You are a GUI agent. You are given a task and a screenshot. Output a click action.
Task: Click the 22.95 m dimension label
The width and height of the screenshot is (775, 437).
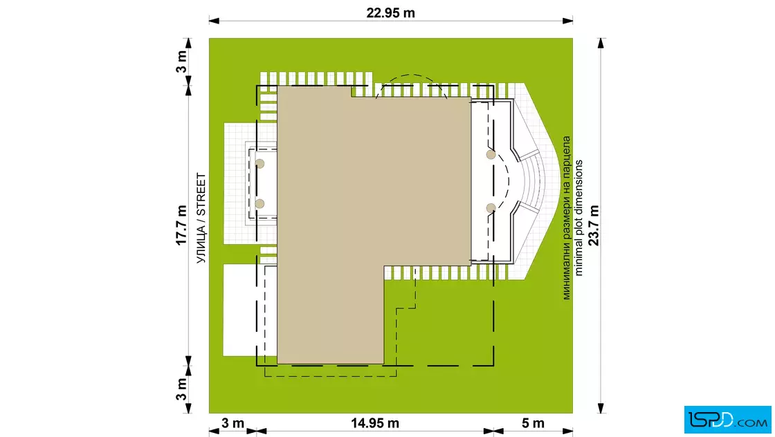390,13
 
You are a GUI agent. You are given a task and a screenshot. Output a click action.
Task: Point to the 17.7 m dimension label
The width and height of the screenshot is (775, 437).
181,225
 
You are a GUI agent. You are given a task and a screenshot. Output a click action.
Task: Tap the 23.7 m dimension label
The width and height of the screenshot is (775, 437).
594,225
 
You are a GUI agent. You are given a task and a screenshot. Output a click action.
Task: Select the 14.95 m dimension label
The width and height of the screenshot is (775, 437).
375,423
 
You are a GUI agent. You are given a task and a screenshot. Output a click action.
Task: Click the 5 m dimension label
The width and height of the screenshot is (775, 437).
533,423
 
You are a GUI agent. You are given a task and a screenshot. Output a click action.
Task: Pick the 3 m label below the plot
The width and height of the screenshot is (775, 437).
232,423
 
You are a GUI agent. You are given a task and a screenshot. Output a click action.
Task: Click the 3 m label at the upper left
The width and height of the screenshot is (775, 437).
181,62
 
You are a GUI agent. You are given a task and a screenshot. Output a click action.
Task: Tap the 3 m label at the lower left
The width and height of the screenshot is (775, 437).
181,389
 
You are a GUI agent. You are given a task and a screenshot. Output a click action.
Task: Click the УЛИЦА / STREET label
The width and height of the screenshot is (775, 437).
201,218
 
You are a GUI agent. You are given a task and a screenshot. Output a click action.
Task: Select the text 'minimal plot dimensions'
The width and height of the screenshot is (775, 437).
578,218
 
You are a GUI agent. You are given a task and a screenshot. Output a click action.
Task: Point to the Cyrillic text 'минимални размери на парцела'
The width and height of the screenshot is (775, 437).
567,218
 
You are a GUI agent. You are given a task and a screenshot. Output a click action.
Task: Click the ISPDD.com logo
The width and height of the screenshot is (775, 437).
727,420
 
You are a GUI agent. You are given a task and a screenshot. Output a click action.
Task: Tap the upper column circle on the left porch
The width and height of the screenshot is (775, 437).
260,163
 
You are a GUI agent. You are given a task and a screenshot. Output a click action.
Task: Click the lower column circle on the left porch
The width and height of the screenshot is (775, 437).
260,203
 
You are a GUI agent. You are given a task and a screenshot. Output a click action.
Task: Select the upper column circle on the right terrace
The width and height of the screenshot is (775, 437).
491,155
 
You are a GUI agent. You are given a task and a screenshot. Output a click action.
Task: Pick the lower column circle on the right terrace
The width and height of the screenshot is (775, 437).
491,208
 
